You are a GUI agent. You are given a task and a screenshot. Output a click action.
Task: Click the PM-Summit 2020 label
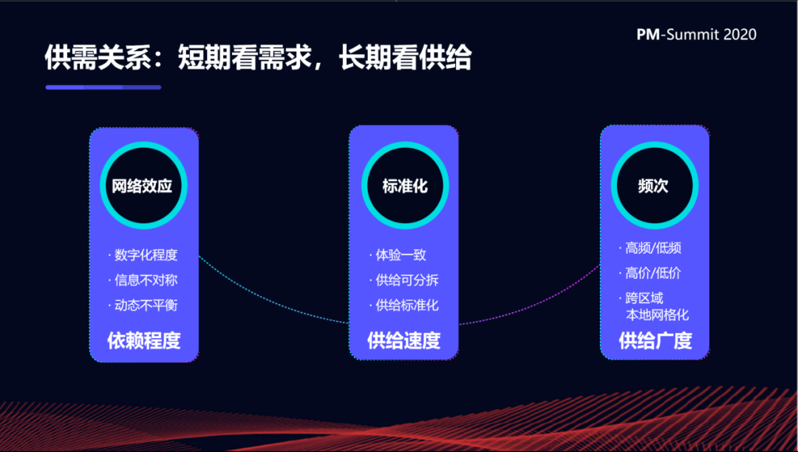coord(696,34)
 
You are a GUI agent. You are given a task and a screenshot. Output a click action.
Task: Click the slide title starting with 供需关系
coord(258,56)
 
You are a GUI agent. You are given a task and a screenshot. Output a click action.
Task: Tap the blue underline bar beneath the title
coord(103,87)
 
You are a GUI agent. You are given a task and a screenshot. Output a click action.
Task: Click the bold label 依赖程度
coord(144,340)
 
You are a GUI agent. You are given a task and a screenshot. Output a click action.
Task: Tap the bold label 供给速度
coord(404,340)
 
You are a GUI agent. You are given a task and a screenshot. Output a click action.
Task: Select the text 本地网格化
coord(657,315)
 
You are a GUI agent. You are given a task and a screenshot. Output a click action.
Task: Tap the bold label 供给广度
coord(655,340)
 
